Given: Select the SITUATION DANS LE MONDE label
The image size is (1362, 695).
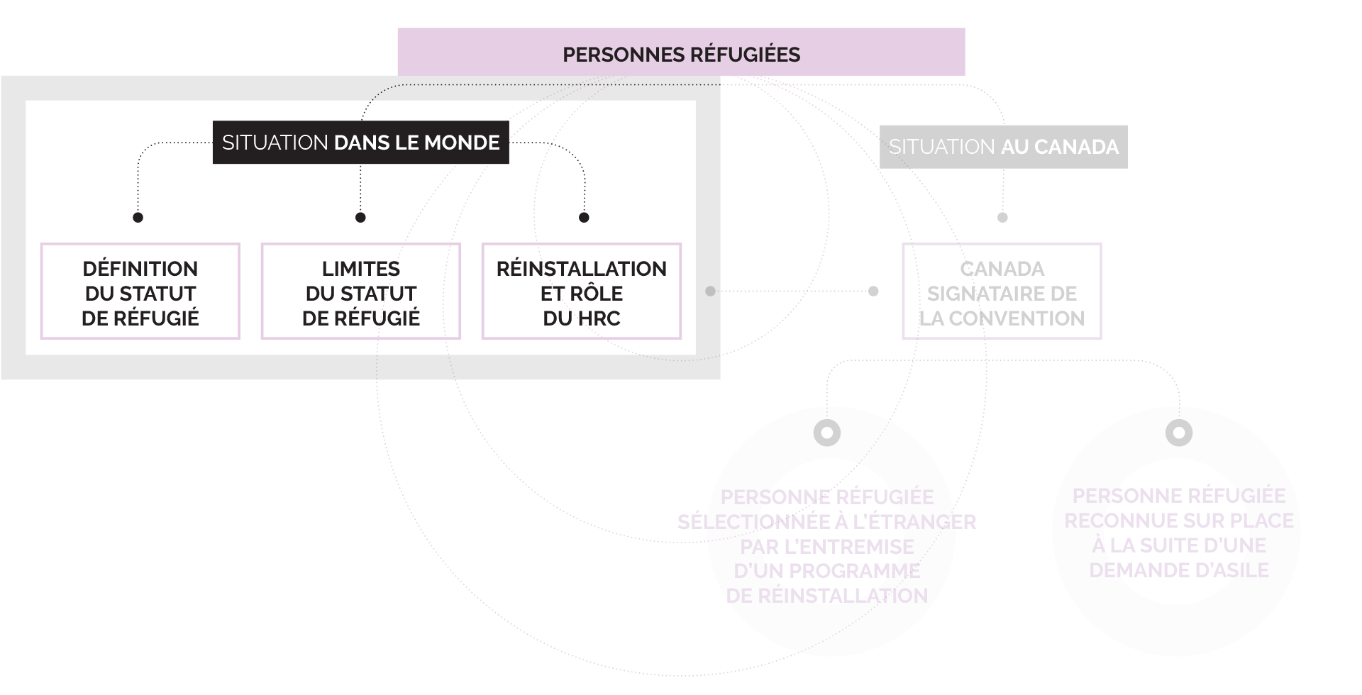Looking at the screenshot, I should [x=360, y=143].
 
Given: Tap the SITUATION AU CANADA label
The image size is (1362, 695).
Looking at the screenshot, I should [x=1003, y=147].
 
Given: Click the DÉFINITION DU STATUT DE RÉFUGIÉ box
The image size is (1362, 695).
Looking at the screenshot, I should [x=140, y=291].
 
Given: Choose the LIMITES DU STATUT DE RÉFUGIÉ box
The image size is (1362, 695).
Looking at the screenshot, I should [x=361, y=291].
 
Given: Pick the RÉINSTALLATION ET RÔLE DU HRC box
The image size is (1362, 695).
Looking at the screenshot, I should [x=582, y=291].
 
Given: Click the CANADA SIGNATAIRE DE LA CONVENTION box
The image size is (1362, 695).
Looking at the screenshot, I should [x=1002, y=291].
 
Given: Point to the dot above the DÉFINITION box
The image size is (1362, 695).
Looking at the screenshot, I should [x=138, y=217].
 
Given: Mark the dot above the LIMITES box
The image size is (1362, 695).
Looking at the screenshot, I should [x=360, y=217].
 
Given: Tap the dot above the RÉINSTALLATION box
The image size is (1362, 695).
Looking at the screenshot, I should [x=584, y=217].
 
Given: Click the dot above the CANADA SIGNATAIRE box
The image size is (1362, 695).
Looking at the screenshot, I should [x=1002, y=217].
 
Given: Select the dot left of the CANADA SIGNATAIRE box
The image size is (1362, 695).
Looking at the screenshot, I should [x=873, y=291].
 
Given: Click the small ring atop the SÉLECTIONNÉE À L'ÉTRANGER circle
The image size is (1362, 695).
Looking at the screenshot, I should [x=827, y=432].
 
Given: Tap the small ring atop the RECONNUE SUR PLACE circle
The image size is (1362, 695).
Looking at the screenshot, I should [x=1179, y=432].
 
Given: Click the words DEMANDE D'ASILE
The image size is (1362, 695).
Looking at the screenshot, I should [x=1179, y=570].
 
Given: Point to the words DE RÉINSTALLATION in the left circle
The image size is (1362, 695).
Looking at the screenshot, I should [x=827, y=596].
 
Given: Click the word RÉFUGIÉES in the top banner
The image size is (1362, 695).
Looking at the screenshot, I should [x=745, y=55].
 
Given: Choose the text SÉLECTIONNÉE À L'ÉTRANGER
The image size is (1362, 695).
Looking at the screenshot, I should [x=827, y=522].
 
